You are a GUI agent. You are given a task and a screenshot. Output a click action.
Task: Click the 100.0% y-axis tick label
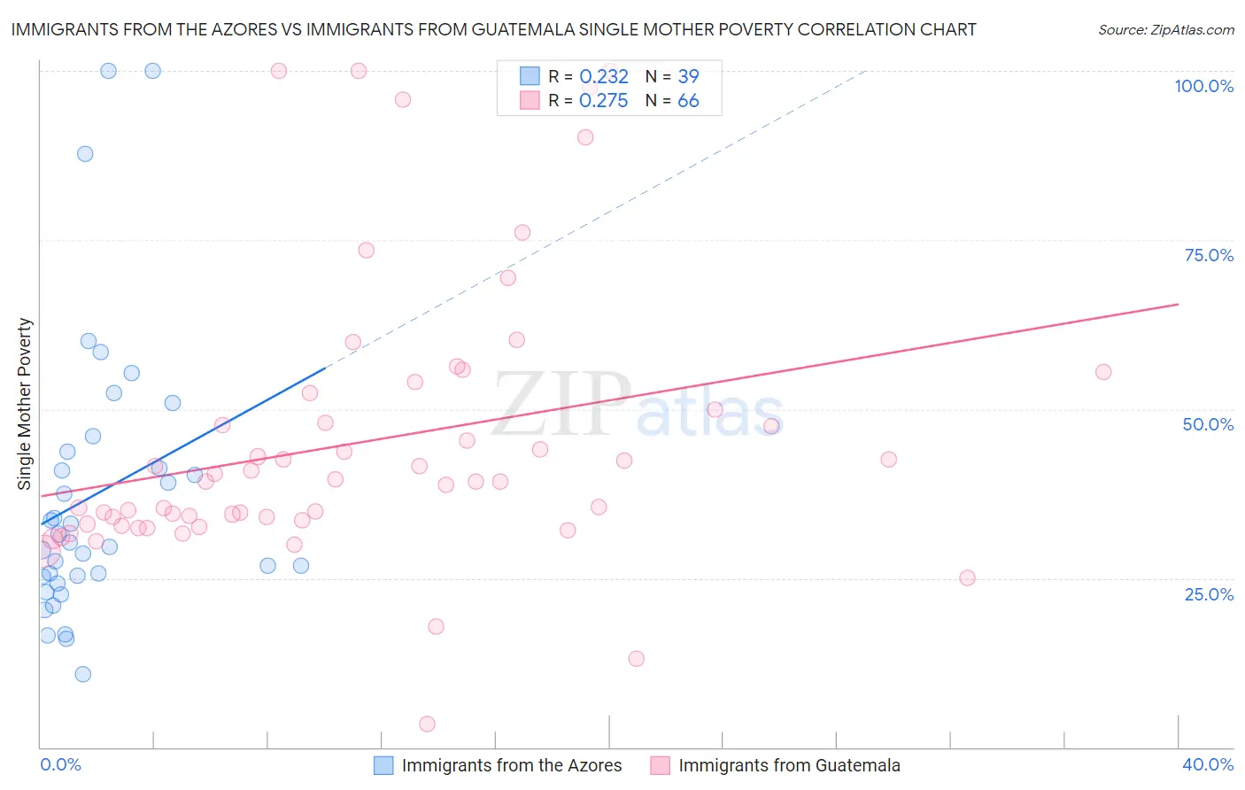tap(1203, 86)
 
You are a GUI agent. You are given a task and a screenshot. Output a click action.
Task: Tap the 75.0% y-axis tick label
tap(1209, 255)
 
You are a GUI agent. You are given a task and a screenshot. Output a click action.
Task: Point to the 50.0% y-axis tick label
tap(1208, 424)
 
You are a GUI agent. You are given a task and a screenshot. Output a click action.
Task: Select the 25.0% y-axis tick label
tap(1209, 594)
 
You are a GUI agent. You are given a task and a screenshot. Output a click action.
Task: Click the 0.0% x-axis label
tap(60, 764)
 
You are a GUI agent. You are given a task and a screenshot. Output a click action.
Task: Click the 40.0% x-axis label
tap(1208, 764)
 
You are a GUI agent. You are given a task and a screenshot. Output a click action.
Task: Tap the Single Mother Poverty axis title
tap(25, 404)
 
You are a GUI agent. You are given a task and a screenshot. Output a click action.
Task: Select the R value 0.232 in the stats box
tap(603, 77)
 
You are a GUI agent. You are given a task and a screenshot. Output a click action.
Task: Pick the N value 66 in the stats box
tap(688, 101)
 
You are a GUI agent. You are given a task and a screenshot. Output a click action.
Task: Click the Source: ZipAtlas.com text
tap(1165, 30)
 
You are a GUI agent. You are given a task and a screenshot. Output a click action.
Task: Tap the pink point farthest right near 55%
tap(1102, 372)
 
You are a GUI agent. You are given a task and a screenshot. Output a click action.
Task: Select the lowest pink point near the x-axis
tap(427, 724)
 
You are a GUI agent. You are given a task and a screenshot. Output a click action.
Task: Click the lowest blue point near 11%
tap(82, 674)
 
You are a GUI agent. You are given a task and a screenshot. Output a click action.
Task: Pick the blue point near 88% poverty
tap(85, 153)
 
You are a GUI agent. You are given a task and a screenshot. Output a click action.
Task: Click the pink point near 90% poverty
tap(585, 137)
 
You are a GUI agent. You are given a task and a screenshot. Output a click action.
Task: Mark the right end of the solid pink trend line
tap(1178, 304)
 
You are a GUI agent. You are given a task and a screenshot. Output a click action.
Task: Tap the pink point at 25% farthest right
tap(967, 577)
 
